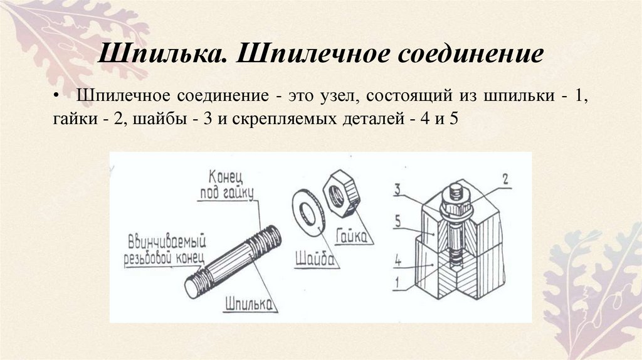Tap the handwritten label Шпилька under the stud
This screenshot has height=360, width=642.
click(249, 304)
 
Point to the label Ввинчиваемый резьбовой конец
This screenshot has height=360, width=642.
click(167, 246)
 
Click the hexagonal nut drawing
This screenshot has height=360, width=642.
click(338, 196)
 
